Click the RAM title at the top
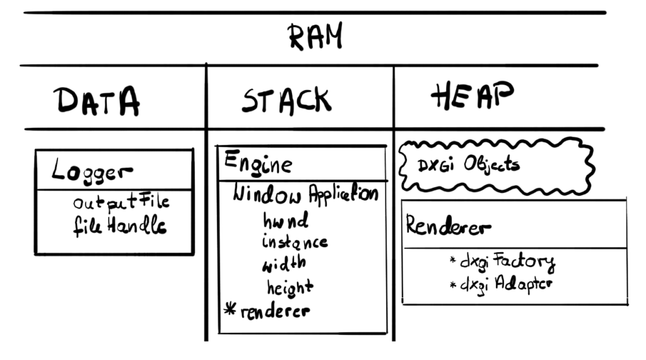315,37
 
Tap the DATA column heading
96,101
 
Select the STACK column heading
286,101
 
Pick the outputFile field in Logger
121,203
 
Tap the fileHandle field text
119,226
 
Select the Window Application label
305,193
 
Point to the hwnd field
286,221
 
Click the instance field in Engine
295,241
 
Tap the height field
290,287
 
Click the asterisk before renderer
230,310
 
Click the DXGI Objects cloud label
469,165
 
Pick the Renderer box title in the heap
448,226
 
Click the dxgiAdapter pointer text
507,284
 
